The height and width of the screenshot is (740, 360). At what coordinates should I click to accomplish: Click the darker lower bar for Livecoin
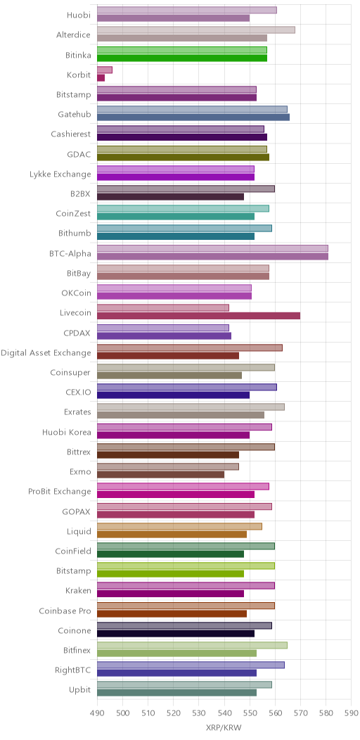pos(199,316)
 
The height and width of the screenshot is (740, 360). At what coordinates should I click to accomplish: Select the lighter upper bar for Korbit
pos(105,70)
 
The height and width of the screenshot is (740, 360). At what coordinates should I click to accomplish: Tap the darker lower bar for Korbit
pos(101,78)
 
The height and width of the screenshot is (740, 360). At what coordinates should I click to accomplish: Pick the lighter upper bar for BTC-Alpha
pos(213,248)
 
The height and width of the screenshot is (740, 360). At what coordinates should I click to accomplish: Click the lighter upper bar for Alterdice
pos(196,30)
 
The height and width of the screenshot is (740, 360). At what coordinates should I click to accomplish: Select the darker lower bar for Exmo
pos(161,475)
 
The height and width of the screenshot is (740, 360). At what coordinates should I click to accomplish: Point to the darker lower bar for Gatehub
pos(193,117)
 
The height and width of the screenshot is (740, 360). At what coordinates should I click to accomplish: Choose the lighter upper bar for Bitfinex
pos(192,645)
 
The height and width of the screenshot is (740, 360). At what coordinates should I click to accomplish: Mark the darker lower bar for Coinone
pos(176,633)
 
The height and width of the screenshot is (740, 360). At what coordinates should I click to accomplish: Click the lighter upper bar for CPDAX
pos(163,328)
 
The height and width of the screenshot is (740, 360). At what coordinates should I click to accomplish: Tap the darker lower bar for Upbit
pos(177,693)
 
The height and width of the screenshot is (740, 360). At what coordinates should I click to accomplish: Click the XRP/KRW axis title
pos(224,728)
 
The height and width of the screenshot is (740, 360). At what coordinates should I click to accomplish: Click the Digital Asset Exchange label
pos(46,352)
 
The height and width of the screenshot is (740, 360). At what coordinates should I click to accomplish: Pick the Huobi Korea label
pos(67,432)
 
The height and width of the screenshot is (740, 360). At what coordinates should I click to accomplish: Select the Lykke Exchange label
pos(60,174)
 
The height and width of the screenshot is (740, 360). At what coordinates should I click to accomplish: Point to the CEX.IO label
pos(78,393)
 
